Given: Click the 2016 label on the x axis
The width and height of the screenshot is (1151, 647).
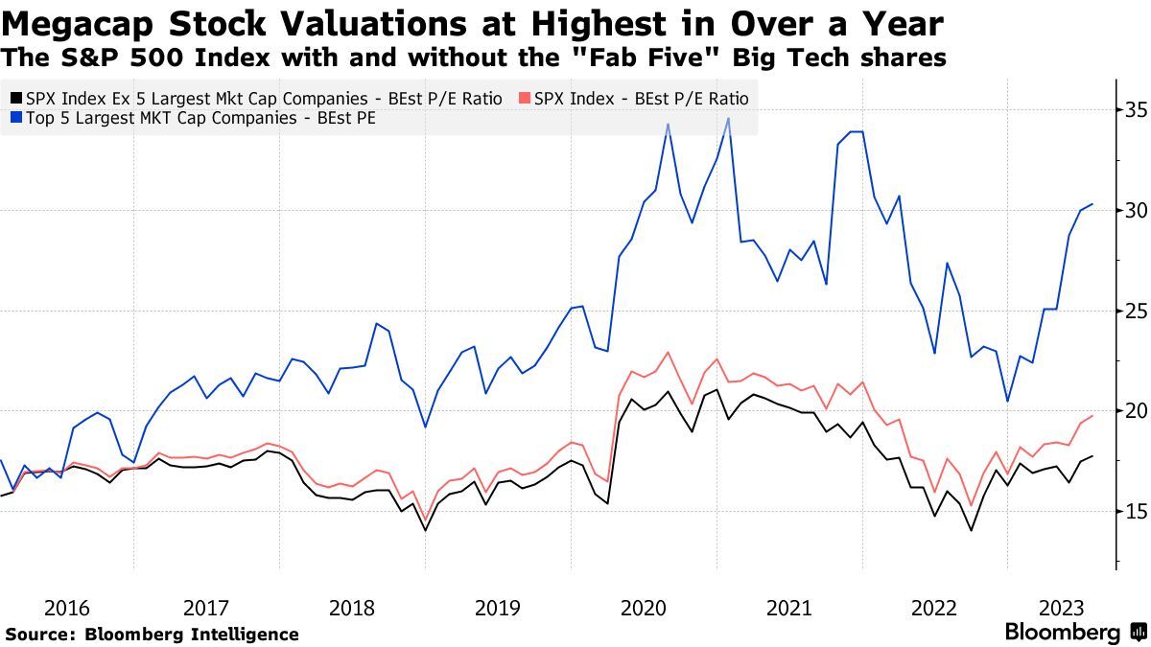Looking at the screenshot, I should tap(66, 608).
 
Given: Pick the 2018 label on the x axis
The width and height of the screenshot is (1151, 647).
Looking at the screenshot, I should tap(351, 608).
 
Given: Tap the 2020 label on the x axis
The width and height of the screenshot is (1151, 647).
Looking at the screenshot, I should tap(643, 608).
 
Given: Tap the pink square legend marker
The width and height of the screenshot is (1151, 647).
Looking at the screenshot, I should tap(522, 98).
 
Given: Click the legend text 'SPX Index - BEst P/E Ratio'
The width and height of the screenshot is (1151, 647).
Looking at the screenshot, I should tap(641, 98).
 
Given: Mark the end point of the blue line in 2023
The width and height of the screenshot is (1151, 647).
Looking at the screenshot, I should tap(1092, 204).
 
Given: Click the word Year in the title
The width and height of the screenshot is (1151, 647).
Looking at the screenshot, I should tap(894, 23).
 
